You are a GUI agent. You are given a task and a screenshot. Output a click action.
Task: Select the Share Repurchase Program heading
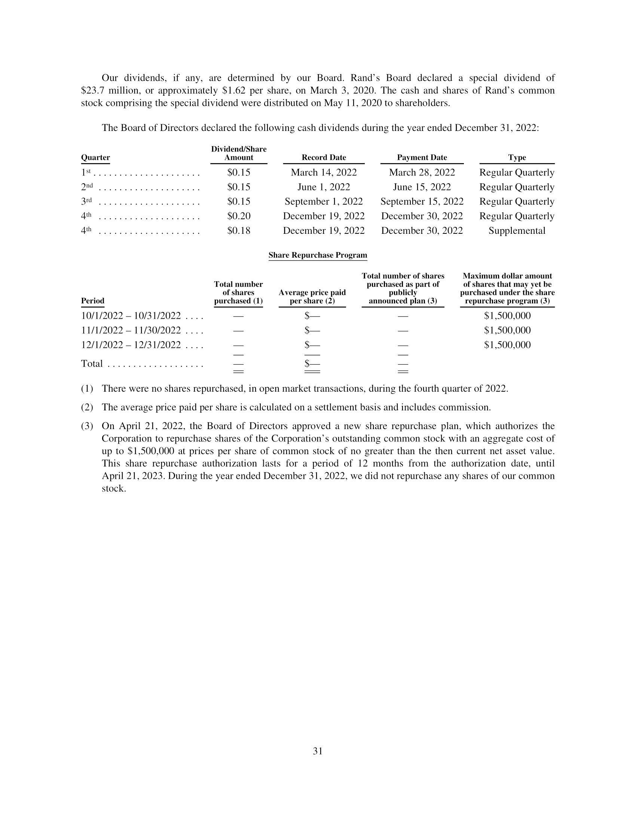click(318, 255)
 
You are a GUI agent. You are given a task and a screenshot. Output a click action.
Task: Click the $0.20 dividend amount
click(239, 216)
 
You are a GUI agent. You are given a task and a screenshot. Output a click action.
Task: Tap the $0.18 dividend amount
click(239, 230)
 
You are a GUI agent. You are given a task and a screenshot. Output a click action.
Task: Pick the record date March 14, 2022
click(324, 172)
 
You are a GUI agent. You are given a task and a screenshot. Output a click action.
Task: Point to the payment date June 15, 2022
click(422, 187)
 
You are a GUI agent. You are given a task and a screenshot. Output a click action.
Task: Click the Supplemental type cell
click(517, 230)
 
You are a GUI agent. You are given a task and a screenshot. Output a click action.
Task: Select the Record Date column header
click(324, 157)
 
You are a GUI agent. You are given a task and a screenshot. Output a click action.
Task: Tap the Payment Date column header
click(422, 157)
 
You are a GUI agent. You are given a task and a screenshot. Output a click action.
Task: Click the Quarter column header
click(95, 157)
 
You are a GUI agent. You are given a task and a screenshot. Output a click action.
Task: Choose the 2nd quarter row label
click(87, 187)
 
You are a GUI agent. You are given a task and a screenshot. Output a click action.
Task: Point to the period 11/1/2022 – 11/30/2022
click(131, 330)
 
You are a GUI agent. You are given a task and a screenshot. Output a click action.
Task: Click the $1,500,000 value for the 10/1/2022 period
click(507, 316)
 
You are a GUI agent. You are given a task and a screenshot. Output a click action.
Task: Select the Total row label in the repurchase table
click(92, 364)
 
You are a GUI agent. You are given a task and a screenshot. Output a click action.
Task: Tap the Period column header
click(93, 301)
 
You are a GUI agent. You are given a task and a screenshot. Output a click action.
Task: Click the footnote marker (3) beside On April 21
click(87, 426)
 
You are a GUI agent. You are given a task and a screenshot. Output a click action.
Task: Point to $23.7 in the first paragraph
click(94, 91)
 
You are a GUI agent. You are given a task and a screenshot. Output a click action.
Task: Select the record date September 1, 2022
click(324, 202)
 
